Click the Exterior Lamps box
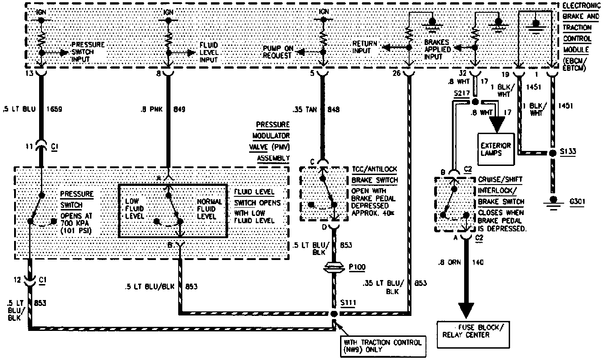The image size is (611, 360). coord(496,150)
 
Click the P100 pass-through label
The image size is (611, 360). coord(357,267)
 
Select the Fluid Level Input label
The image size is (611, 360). coord(209,52)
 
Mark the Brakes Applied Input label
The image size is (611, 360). coord(437,50)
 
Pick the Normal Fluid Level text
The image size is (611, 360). coord(210,209)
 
